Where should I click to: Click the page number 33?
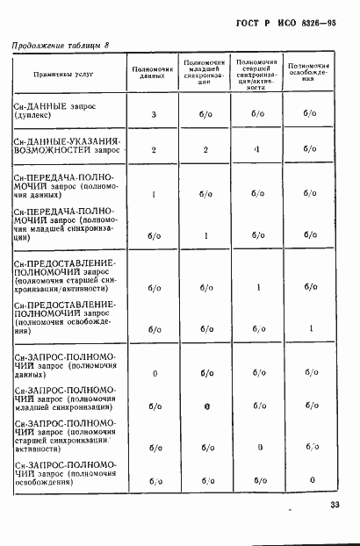pos(335,505)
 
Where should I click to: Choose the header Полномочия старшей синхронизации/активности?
pos(258,75)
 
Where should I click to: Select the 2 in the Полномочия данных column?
pos(153,150)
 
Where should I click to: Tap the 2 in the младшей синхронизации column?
pos(205,150)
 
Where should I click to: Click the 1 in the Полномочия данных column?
pos(153,195)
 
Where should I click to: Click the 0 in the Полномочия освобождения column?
pos(312,480)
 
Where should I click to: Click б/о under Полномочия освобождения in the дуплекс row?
pos(312,113)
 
